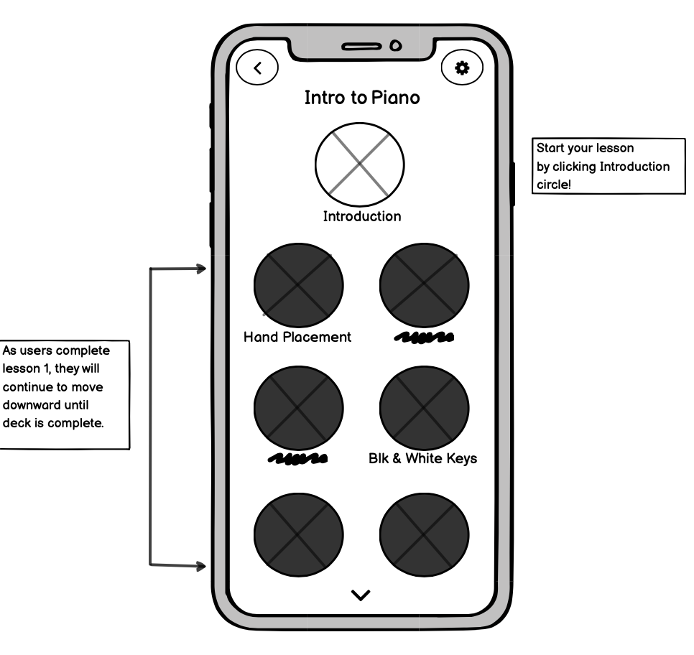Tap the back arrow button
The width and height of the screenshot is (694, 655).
[257, 68]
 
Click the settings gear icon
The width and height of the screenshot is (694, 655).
[462, 68]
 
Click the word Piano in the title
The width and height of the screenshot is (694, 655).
[395, 98]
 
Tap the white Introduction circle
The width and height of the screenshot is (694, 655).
[360, 164]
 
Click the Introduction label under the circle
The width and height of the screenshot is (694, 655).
[362, 216]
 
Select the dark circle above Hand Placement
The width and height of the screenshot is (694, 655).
[298, 285]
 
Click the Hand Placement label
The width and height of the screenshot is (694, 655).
[297, 338]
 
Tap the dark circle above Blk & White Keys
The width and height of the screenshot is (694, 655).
[424, 408]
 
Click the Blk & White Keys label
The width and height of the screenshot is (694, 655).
[422, 458]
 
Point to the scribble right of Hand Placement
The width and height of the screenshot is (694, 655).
[424, 338]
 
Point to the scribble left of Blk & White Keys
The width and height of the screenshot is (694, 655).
[298, 459]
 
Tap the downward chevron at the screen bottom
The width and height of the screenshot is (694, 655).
[361, 595]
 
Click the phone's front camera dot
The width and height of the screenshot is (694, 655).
[396, 45]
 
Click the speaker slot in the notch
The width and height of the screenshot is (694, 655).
[361, 47]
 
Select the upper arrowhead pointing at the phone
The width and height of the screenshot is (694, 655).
[201, 269]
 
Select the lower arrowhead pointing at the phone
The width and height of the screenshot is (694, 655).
[201, 566]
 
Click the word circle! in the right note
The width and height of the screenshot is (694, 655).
[554, 185]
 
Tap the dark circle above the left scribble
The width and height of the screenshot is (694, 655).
[298, 408]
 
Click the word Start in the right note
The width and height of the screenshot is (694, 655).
[550, 148]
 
